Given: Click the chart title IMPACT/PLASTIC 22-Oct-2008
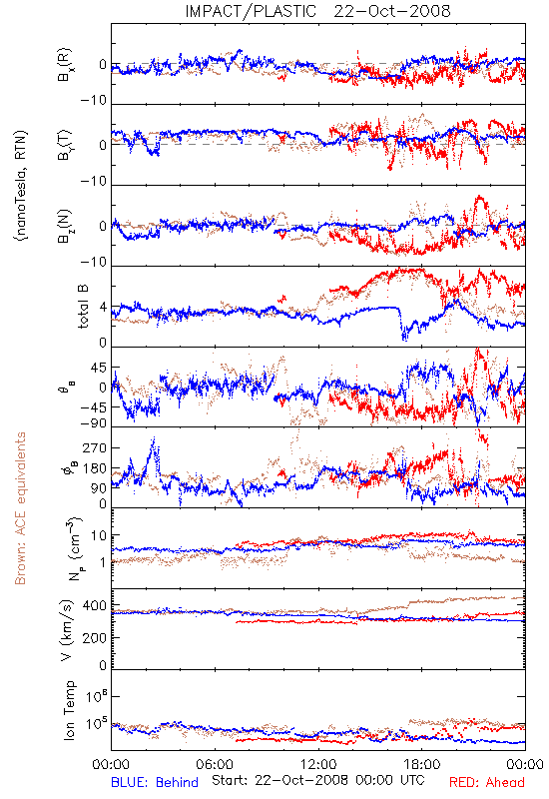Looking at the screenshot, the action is point(317,11).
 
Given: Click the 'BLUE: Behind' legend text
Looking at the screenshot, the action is point(155,782).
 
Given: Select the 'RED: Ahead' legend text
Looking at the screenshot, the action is point(487,782).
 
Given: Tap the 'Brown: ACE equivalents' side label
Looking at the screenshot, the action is point(20,508).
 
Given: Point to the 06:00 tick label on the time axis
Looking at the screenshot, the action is point(215,764).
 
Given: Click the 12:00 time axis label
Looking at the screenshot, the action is point(318,764).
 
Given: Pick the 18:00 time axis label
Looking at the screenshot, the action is point(422,764).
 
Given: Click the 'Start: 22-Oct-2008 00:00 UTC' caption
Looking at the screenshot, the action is point(317,780).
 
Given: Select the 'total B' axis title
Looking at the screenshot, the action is point(83,306).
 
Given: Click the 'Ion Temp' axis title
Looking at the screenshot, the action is point(69,710).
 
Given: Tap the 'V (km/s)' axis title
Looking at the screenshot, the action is point(67,630).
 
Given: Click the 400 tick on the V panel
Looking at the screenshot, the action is point(95,606).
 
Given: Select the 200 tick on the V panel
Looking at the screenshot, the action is point(95,637).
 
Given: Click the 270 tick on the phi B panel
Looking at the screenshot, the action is point(95,447).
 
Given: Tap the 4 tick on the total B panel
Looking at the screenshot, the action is point(104,308).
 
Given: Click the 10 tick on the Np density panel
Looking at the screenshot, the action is point(99,535).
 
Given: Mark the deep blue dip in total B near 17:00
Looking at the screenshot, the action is point(405,334).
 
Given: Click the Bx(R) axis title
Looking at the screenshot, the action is point(65,65).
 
